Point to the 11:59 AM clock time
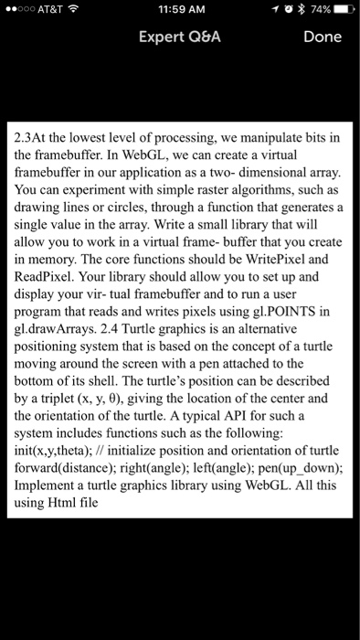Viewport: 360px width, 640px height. click(179, 10)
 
